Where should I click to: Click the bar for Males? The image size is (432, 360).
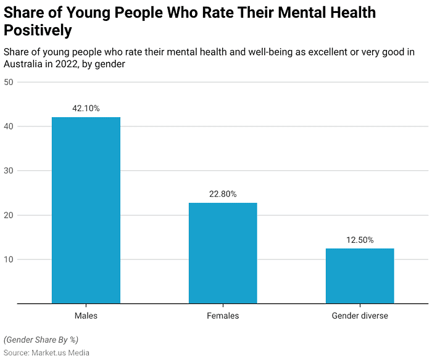coord(86,210)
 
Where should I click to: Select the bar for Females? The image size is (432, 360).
coord(223,253)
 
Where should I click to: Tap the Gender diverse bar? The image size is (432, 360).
coord(360,276)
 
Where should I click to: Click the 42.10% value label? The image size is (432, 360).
coord(86,108)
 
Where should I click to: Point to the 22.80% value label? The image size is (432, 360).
coord(223,194)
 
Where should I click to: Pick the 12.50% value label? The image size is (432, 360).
coord(360,240)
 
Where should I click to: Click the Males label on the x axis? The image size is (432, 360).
coord(86,316)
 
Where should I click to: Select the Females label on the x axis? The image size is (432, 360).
coord(223,316)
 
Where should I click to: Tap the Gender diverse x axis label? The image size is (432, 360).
coord(360,316)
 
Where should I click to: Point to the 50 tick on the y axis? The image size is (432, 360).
coord(9,82)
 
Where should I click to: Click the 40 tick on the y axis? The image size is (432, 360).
coord(9,126)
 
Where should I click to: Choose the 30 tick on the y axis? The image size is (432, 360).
coord(9,171)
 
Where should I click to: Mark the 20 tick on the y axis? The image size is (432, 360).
coord(9,215)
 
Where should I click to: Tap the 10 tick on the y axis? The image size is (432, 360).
coord(9,260)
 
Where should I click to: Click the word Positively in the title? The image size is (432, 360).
coord(38,30)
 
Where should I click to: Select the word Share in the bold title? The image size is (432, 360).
coord(24,12)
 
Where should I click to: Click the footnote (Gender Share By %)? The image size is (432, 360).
coord(41,340)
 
